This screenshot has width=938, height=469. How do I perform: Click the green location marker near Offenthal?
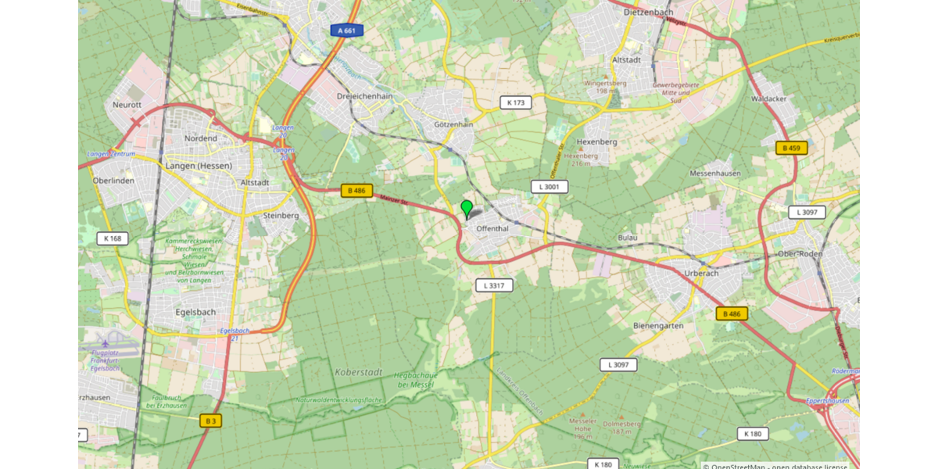[467, 209]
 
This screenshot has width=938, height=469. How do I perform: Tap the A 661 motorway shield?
[346, 30]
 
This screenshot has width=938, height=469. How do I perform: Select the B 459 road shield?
[792, 147]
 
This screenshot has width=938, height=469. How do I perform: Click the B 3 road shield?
[209, 421]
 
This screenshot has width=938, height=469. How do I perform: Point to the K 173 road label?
[516, 102]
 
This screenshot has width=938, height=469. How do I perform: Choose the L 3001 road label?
[550, 187]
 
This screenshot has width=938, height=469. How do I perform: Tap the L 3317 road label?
[494, 285]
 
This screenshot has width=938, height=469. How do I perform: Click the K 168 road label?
[113, 238]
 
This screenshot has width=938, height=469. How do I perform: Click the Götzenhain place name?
[453, 124]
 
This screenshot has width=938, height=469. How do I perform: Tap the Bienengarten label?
[658, 325]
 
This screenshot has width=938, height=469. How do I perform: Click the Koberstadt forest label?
[356, 371]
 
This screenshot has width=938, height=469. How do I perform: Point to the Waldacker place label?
[768, 99]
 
